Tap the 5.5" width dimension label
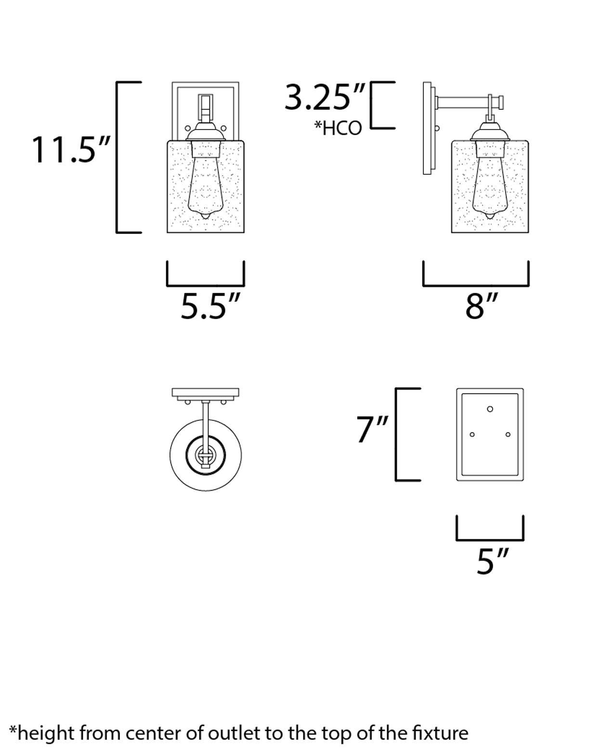210,306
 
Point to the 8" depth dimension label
481,306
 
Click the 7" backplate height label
372,429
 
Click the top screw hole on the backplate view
490,409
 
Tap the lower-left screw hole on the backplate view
472,435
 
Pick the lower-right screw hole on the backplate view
508,435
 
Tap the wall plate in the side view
427,128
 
